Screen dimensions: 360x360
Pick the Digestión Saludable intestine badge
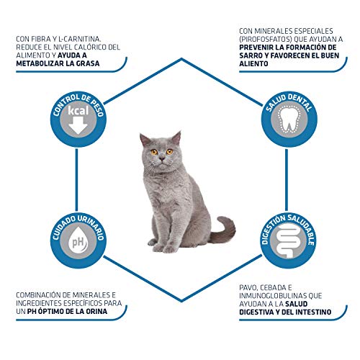coord(287,240)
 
